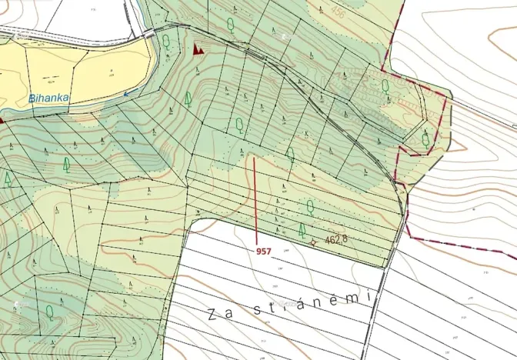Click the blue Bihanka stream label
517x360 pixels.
coord(48,98)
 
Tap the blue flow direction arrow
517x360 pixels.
coord(128,93)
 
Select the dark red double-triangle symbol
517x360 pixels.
coord(198,49)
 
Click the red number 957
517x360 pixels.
coord(264,251)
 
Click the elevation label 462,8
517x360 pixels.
coord(336,240)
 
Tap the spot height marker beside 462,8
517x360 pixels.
coord(313,242)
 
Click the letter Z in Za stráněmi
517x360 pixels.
coord(212,313)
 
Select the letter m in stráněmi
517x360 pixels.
coord(352,297)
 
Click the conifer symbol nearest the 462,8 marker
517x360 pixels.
coord(302,229)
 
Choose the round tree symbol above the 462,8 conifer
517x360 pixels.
coord(310,205)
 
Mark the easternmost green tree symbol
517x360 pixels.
coord(425,139)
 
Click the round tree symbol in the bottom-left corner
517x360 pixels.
coord(49,311)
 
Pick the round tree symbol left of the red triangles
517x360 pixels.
coord(166,40)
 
